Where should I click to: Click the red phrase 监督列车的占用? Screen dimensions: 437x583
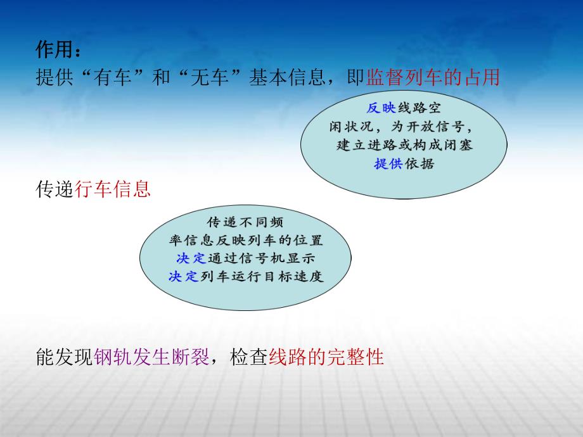(x=433, y=77)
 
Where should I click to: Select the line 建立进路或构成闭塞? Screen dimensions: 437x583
(x=404, y=144)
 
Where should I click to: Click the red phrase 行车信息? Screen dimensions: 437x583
(x=113, y=189)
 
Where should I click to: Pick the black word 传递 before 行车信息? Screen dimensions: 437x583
(x=55, y=189)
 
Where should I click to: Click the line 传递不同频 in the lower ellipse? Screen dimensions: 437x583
(x=245, y=223)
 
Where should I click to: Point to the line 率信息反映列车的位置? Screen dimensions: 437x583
(x=246, y=241)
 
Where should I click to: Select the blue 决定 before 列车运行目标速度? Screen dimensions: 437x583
(x=184, y=277)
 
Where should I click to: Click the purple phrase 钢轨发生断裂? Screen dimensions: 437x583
(x=151, y=357)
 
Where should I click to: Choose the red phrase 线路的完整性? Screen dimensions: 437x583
(x=326, y=357)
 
